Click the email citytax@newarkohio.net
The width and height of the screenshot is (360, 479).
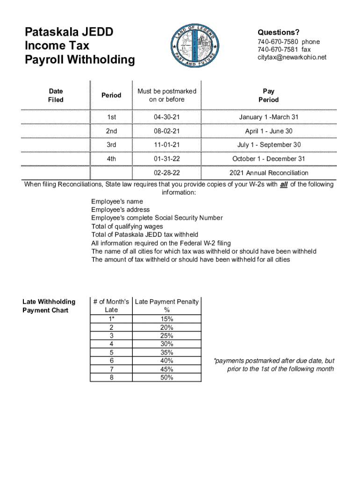pyautogui.click(x=292, y=58)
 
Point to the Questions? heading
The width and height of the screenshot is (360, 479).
pyautogui.click(x=279, y=32)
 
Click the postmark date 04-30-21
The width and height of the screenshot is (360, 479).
pyautogui.click(x=167, y=117)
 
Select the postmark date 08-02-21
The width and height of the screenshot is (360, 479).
pyautogui.click(x=167, y=131)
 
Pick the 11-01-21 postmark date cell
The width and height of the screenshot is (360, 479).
pyautogui.click(x=167, y=145)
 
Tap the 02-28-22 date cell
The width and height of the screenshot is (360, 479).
pyautogui.click(x=167, y=173)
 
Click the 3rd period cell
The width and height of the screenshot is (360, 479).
pyautogui.click(x=111, y=145)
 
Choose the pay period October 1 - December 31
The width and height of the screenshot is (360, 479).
pyautogui.click(x=268, y=159)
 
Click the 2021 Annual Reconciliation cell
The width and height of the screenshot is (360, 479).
pyautogui.click(x=268, y=173)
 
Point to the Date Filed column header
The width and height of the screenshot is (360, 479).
pyautogui.click(x=56, y=95)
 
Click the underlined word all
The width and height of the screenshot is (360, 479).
pyautogui.click(x=283, y=185)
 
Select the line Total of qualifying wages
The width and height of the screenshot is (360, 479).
pyautogui.click(x=127, y=226)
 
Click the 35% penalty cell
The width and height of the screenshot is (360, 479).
pyautogui.click(x=166, y=353)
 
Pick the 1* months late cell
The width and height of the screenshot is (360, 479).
pyautogui.click(x=111, y=319)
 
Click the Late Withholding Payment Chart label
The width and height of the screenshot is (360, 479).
pyautogui.click(x=49, y=306)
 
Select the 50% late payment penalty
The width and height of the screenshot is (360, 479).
pyautogui.click(x=166, y=377)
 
